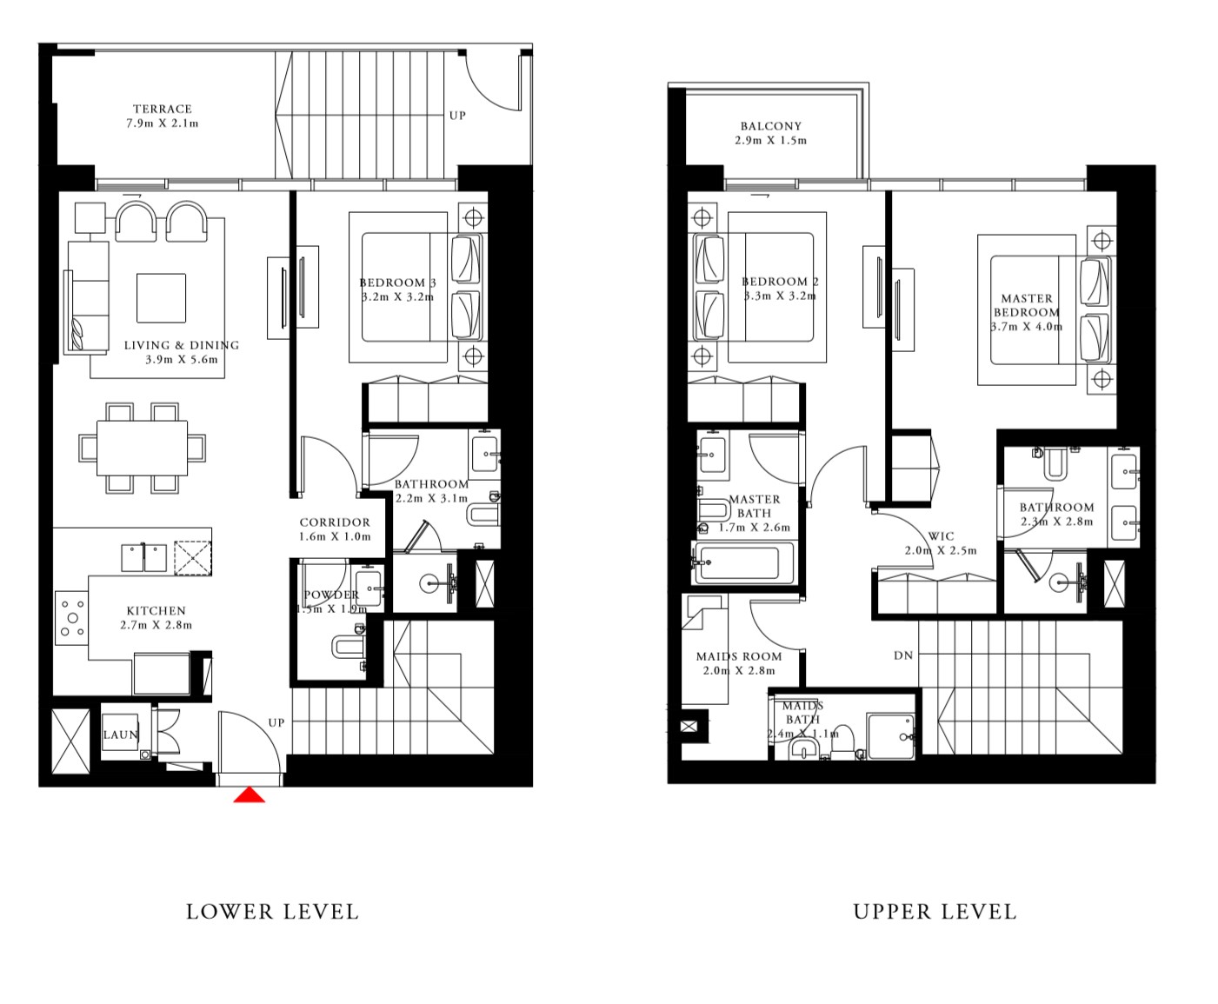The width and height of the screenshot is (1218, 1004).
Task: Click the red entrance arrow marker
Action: click(250, 795)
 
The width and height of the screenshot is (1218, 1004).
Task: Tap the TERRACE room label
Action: click(163, 110)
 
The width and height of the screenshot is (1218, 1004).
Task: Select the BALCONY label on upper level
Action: click(771, 126)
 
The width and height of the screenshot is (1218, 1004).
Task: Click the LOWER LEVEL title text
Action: click(272, 912)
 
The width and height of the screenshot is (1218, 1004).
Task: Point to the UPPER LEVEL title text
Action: click(935, 912)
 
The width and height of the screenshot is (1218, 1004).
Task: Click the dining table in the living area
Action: click(142, 448)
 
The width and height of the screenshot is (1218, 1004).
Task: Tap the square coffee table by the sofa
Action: click(161, 298)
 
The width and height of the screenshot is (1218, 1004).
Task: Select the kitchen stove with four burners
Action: click(72, 618)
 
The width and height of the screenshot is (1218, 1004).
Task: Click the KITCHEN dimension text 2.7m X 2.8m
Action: click(156, 625)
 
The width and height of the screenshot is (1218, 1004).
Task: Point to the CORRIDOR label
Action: click(335, 522)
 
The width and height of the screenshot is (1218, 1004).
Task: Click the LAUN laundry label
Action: click(120, 735)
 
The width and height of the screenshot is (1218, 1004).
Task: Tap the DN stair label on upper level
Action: click(903, 655)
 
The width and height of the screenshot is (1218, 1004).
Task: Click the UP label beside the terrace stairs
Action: click(457, 116)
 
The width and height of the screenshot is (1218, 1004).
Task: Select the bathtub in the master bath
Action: click(744, 562)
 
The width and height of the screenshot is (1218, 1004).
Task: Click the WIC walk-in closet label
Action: click(941, 536)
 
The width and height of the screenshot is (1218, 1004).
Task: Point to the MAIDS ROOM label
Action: click(739, 656)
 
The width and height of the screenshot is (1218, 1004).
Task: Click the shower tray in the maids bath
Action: click(890, 736)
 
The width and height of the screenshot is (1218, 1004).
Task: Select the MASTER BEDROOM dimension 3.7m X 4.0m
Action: click(1027, 327)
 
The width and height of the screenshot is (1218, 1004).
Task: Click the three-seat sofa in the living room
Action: click(88, 296)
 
